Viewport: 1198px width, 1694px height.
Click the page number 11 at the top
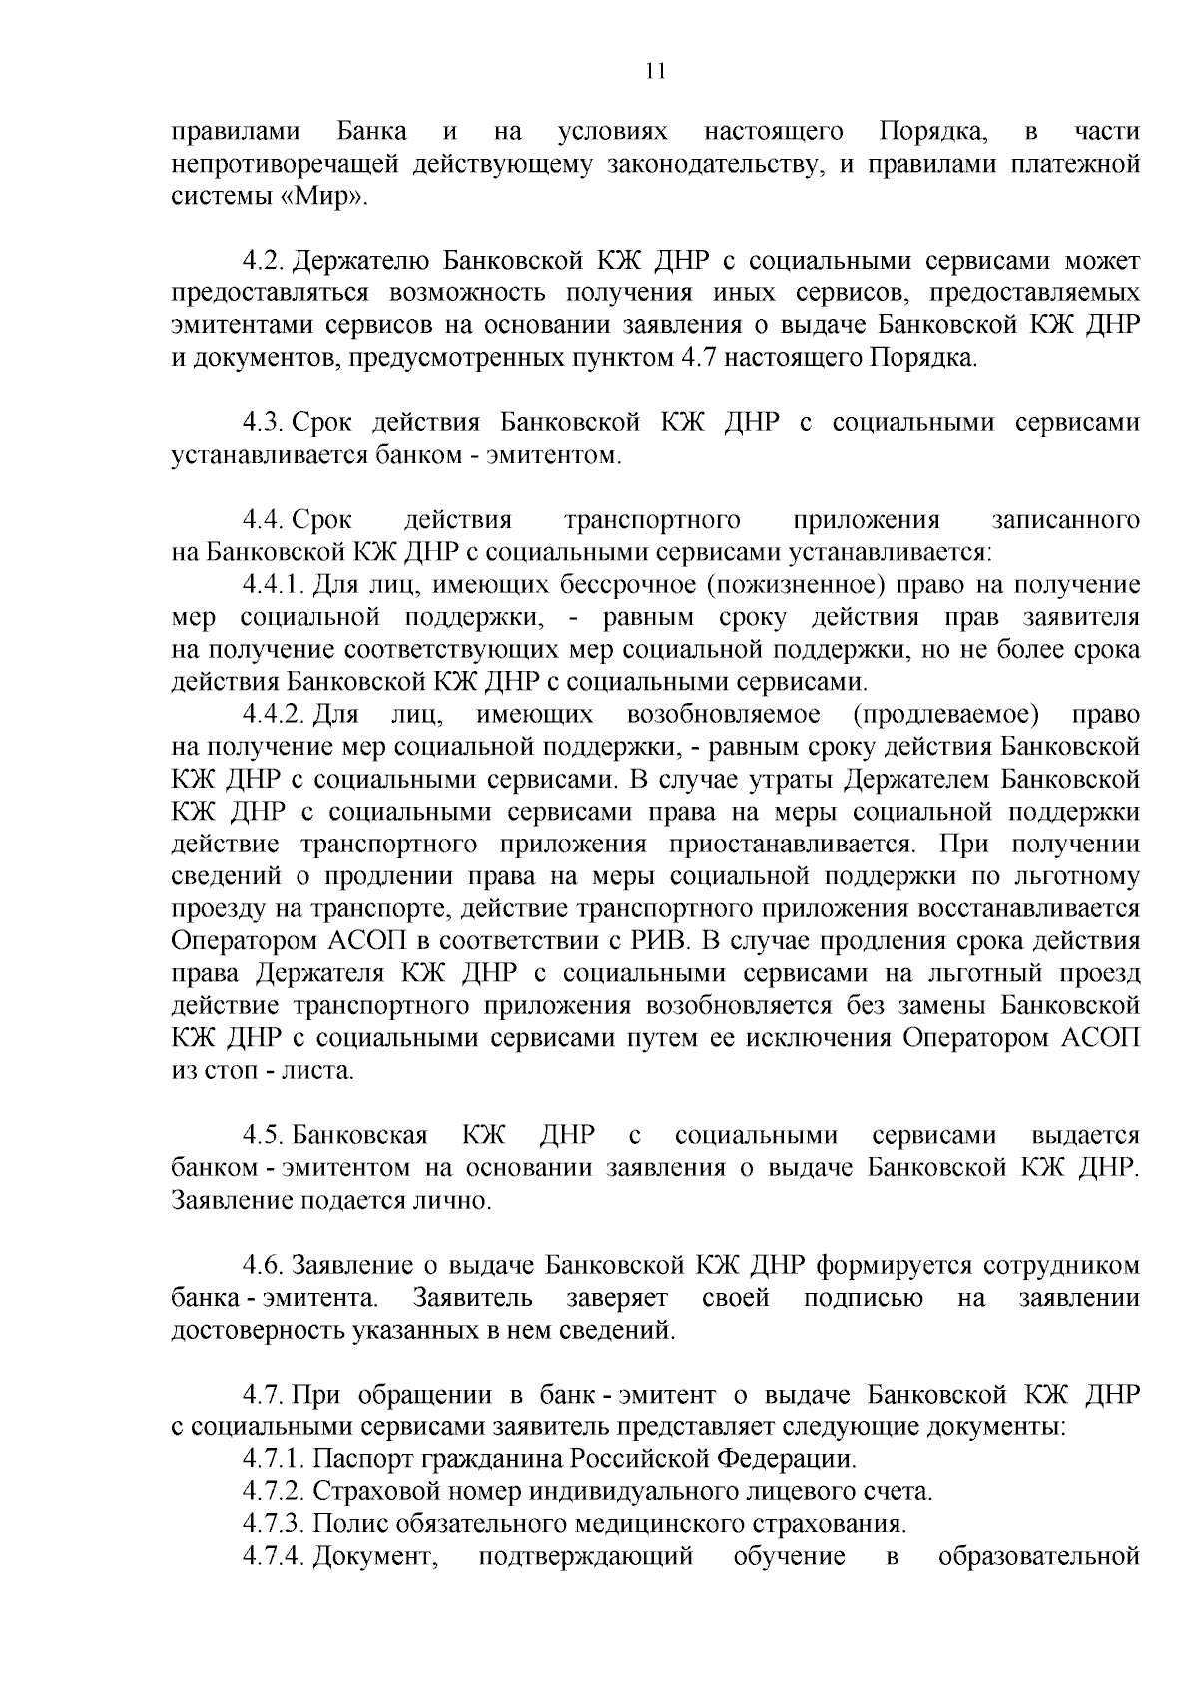(x=655, y=71)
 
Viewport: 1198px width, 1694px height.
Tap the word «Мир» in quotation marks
(x=321, y=197)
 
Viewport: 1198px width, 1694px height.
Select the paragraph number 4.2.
(x=264, y=262)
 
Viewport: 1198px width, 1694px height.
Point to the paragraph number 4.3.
(x=264, y=423)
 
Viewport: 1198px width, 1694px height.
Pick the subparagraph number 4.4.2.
(x=274, y=715)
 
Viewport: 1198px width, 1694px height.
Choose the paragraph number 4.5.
(x=264, y=1136)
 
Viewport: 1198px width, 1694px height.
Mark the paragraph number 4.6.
(x=264, y=1266)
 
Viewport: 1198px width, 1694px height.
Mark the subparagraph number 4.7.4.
(x=274, y=1557)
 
